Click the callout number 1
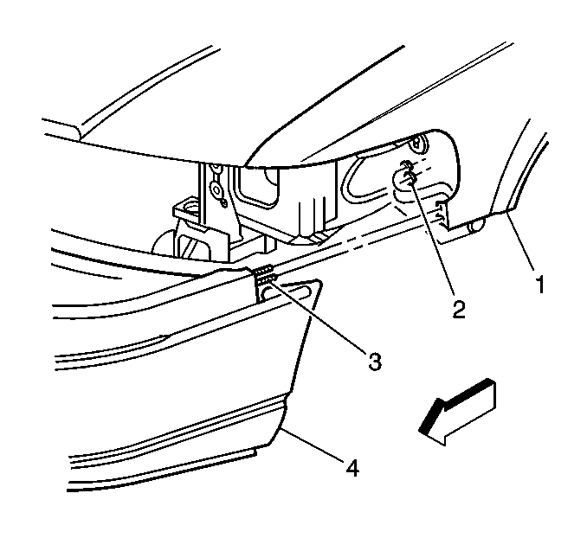(x=540, y=285)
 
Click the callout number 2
(x=459, y=310)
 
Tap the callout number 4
(x=352, y=468)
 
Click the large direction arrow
(x=457, y=412)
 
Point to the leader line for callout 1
(x=520, y=240)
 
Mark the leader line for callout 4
(x=313, y=445)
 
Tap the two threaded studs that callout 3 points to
(x=265, y=274)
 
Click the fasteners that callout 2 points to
(x=408, y=172)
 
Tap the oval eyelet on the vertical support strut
(x=216, y=189)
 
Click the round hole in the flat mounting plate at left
(x=190, y=206)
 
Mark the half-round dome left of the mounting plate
(x=162, y=243)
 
